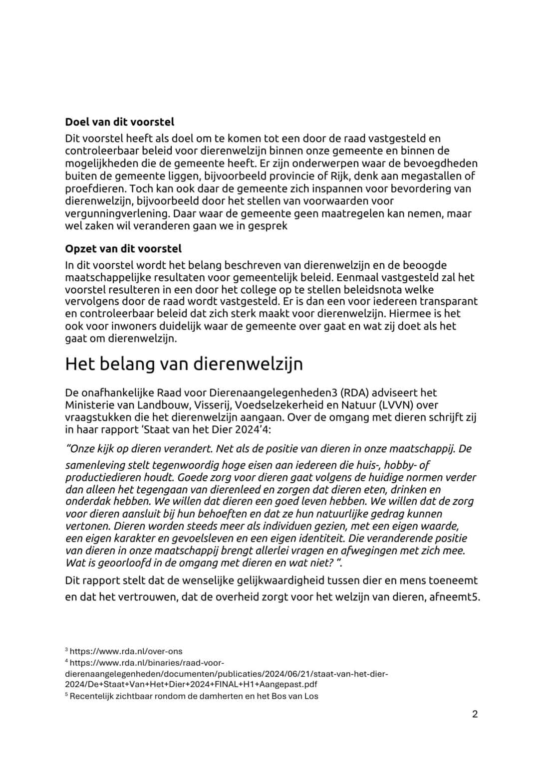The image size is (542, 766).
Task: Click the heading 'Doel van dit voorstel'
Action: point(119,122)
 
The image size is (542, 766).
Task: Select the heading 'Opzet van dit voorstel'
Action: point(123,249)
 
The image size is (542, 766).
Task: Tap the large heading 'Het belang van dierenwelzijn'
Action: point(184,364)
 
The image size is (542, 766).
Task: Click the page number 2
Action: point(475,714)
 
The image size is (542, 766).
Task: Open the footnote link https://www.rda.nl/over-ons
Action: point(126,651)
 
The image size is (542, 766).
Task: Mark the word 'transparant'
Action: point(449,302)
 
